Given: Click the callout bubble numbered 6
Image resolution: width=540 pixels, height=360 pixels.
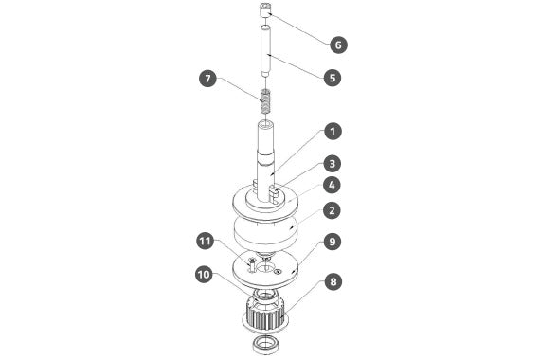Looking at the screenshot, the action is coord(338,45).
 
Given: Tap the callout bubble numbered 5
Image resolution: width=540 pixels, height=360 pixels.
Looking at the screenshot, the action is coord(333,78).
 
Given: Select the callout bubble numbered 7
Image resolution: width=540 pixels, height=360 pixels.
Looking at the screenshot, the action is coord(207,79).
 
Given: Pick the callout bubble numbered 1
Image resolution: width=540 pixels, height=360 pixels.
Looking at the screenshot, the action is coord(333,132).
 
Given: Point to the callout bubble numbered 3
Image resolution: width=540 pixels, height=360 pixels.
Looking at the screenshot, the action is coord(333,164).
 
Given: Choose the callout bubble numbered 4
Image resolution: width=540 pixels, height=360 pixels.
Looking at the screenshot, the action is coord(332,186).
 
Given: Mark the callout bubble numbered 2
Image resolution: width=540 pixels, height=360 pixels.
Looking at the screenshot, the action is coord(332,210).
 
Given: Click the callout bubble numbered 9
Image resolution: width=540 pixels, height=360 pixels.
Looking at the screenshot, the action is coord(333,242).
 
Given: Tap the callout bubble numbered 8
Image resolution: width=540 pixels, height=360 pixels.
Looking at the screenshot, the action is coord(333,281).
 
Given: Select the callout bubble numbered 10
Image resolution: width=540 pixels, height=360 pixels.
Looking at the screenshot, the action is coord(204,275).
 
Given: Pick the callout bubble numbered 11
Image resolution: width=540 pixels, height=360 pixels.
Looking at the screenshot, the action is coord(206,241).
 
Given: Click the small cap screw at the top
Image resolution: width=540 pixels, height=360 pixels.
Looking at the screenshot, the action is coord(265,10).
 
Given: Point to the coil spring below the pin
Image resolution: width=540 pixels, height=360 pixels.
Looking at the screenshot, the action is coord(265,101).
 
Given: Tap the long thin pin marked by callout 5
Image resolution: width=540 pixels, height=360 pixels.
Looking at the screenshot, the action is coord(265,50).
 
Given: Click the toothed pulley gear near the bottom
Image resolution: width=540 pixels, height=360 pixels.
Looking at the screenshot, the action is coord(265,315).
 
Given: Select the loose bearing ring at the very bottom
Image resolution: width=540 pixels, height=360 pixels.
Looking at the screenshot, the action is coord(265,345).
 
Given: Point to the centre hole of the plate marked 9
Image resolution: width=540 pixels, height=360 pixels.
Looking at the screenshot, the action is coord(265,267).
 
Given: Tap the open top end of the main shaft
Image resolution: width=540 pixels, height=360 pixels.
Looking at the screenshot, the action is coord(265,123).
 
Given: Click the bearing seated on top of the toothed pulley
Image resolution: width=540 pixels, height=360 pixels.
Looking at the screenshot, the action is coord(265,295).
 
